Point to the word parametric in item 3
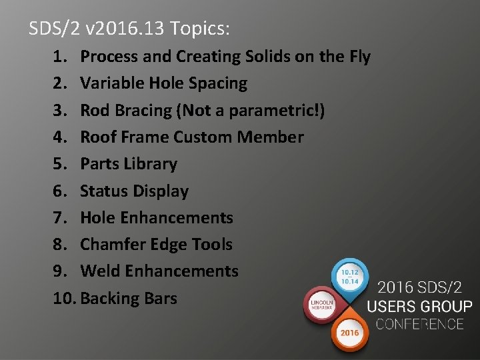(x=273, y=111)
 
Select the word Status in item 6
(x=104, y=191)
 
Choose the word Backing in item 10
(x=109, y=299)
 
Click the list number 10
(x=65, y=299)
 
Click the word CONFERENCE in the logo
(x=419, y=324)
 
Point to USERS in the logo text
(x=394, y=307)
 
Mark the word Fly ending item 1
(x=359, y=57)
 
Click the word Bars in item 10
(x=160, y=299)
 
